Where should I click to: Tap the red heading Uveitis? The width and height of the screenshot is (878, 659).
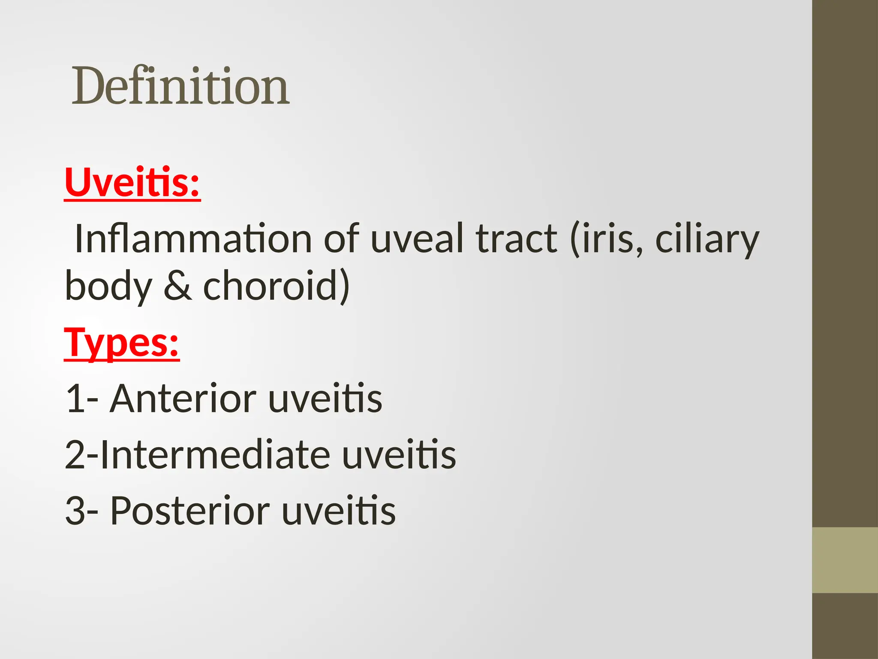pyautogui.click(x=132, y=182)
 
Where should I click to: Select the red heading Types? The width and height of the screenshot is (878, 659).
pyautogui.click(x=122, y=343)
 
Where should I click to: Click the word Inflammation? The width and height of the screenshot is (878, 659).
pyautogui.click(x=193, y=239)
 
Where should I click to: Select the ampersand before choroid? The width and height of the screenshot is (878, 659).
pyautogui.click(x=177, y=286)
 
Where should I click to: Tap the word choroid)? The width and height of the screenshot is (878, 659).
pyautogui.click(x=277, y=286)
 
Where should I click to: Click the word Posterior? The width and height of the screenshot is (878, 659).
pyautogui.click(x=190, y=511)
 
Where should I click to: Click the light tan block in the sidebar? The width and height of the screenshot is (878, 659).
pyautogui.click(x=845, y=560)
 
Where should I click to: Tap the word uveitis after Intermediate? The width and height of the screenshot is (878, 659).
pyautogui.click(x=399, y=455)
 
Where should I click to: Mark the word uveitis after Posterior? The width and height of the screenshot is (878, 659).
pyautogui.click(x=339, y=511)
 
